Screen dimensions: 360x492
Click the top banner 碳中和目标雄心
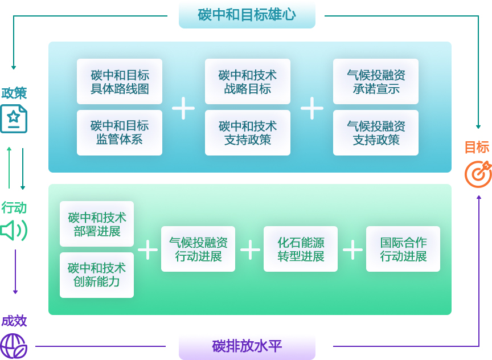(x=247, y=15)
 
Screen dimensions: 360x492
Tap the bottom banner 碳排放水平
(x=247, y=346)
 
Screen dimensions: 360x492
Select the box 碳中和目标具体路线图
(x=120, y=81)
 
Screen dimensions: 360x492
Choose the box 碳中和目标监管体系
(x=120, y=133)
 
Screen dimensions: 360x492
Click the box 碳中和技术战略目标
(x=248, y=81)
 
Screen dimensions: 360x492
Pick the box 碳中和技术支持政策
(x=248, y=133)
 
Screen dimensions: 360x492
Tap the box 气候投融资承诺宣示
(x=376, y=81)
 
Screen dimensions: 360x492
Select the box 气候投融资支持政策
(x=376, y=133)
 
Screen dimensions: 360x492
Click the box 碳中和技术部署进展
(x=97, y=224)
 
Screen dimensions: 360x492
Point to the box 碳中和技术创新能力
(x=97, y=275)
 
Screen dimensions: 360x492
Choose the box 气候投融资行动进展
(x=198, y=249)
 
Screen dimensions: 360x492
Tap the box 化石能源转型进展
(x=301, y=249)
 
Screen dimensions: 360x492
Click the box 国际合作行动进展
(x=403, y=249)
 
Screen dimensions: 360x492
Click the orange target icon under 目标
(x=478, y=174)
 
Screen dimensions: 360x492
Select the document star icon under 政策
(x=14, y=119)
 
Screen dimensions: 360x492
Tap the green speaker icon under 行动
(x=14, y=230)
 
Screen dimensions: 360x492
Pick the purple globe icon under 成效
(x=14, y=346)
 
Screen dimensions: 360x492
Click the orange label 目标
(x=477, y=147)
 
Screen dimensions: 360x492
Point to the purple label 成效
(x=14, y=321)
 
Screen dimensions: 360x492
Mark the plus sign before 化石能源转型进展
(x=250, y=249)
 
